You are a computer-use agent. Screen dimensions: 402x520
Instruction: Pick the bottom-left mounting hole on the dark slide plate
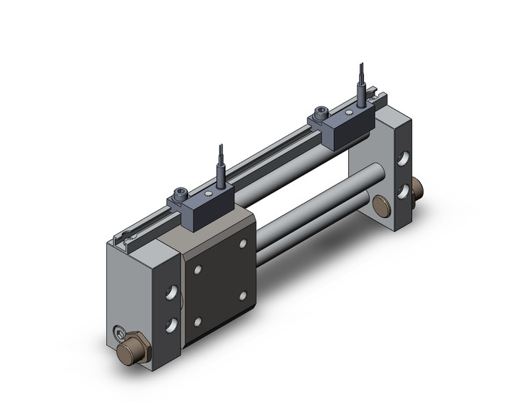pyautogui.click(x=198, y=321)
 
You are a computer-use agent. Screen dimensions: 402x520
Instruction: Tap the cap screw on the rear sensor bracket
pyautogui.click(x=320, y=110)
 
